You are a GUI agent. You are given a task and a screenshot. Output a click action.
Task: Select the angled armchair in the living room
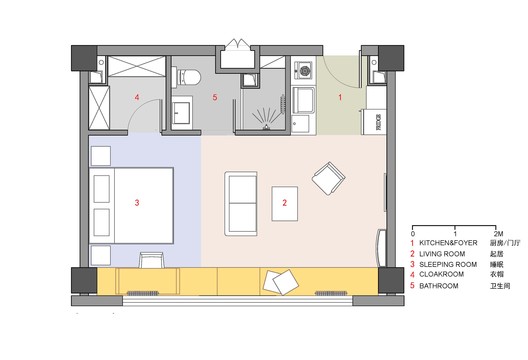click(x=327, y=180)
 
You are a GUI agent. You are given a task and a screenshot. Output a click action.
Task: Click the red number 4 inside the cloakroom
click(x=137, y=98)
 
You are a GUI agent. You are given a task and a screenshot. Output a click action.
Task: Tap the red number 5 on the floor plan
click(x=213, y=98)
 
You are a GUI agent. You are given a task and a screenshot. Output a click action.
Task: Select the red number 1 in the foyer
click(x=340, y=97)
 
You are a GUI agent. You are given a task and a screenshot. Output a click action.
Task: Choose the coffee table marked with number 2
click(x=287, y=203)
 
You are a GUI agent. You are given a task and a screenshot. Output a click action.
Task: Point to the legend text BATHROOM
click(x=441, y=286)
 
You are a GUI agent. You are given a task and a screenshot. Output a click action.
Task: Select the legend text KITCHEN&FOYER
click(x=452, y=243)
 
